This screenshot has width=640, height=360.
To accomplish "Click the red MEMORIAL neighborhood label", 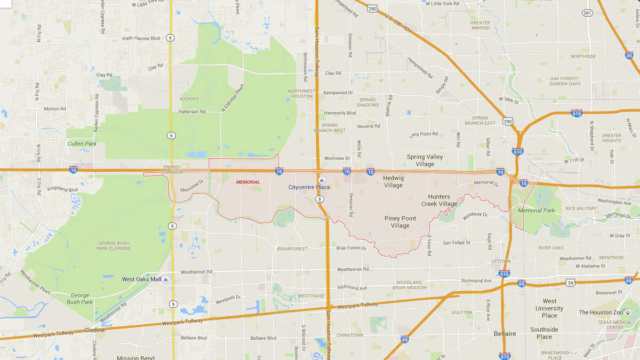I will pos(248,182).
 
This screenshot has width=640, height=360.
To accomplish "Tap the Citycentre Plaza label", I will pos(309,187).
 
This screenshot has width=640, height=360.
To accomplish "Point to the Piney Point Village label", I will pos(400,222).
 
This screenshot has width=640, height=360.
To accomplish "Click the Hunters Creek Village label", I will pos(439,201).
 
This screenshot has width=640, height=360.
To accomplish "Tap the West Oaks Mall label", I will pos(141,279).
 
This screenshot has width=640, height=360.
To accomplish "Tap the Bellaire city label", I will pos(505,334).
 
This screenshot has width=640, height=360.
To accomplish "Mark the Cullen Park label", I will pos(82,144).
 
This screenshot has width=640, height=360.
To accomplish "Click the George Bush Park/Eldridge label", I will pos(114,246).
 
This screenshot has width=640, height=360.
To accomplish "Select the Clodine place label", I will pos(94,330).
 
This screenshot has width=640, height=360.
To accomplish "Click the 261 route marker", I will pos(587,13).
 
